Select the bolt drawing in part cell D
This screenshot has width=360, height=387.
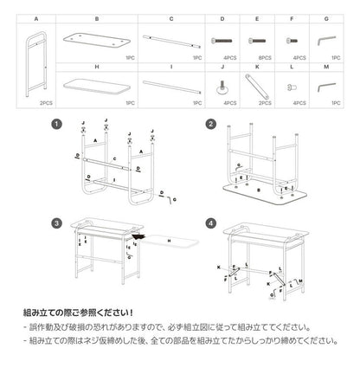pos(222,39)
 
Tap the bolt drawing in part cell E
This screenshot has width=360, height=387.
pos(257,39)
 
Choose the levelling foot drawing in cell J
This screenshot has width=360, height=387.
pos(222,86)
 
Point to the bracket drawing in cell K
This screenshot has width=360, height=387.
pos(257,86)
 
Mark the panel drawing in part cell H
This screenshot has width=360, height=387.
pos(98,86)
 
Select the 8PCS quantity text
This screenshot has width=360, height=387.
pos(257,57)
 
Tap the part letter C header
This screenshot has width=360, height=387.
pos(171,17)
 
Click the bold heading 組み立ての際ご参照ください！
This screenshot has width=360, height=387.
pos(84,310)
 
